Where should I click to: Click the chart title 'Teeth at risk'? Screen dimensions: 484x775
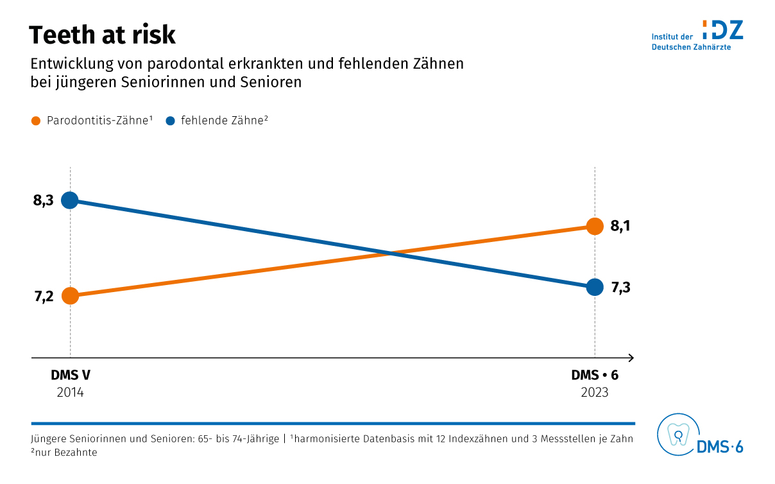click(x=102, y=35)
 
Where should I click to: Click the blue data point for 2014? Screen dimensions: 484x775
click(x=70, y=200)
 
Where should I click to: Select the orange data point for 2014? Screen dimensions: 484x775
click(x=70, y=295)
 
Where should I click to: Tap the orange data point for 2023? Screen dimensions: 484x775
click(x=595, y=226)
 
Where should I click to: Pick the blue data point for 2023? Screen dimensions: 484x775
click(x=595, y=287)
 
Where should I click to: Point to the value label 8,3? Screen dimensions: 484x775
click(x=44, y=200)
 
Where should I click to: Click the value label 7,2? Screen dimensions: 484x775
click(x=44, y=296)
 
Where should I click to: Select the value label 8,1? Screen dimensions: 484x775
click(x=620, y=226)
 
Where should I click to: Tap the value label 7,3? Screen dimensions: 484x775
click(x=620, y=287)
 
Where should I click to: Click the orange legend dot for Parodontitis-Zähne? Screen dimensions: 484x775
click(x=36, y=120)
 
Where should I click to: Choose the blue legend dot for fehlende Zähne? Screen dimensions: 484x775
click(x=170, y=120)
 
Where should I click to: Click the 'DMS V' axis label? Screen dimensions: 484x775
click(x=70, y=376)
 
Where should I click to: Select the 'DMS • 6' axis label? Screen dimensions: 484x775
click(x=595, y=376)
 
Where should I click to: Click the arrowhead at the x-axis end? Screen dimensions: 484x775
click(x=631, y=357)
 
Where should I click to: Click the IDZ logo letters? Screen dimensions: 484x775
click(x=723, y=30)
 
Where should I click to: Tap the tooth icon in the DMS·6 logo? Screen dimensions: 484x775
click(x=676, y=435)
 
